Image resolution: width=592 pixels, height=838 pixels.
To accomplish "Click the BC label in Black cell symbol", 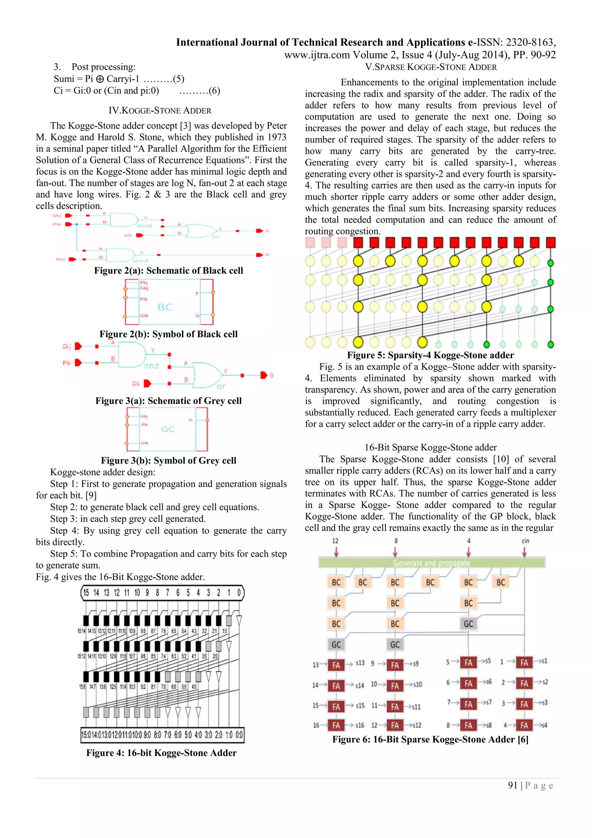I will [x=165, y=307].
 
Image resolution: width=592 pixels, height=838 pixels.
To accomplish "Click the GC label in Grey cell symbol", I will [x=168, y=429].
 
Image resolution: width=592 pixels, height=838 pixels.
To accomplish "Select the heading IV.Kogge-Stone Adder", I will [x=160, y=110].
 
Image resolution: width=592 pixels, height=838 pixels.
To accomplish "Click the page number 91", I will [x=513, y=785].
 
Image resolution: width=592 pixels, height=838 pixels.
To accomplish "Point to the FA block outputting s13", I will [x=336, y=665].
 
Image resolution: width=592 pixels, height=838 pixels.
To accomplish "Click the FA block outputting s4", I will [x=524, y=725].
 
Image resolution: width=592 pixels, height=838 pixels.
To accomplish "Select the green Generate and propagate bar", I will [x=431, y=563].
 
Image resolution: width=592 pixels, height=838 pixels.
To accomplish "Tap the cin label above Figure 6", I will [x=525, y=541].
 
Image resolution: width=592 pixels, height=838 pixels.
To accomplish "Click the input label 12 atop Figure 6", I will [x=335, y=541].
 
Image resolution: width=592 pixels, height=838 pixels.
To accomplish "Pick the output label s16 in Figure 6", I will [x=359, y=725].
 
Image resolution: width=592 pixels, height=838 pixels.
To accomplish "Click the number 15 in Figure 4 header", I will [x=86, y=592].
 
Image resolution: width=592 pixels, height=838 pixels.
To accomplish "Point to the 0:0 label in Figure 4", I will [x=239, y=735].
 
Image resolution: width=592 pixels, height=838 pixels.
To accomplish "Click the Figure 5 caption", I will [x=430, y=355].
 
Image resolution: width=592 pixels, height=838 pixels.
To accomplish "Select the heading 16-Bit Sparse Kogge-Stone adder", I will [x=430, y=447].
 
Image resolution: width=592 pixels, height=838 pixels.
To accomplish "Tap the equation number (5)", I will [x=179, y=79].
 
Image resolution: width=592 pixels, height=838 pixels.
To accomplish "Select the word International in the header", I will [x=207, y=42].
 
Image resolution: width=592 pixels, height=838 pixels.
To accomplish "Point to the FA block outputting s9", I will [x=395, y=665].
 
